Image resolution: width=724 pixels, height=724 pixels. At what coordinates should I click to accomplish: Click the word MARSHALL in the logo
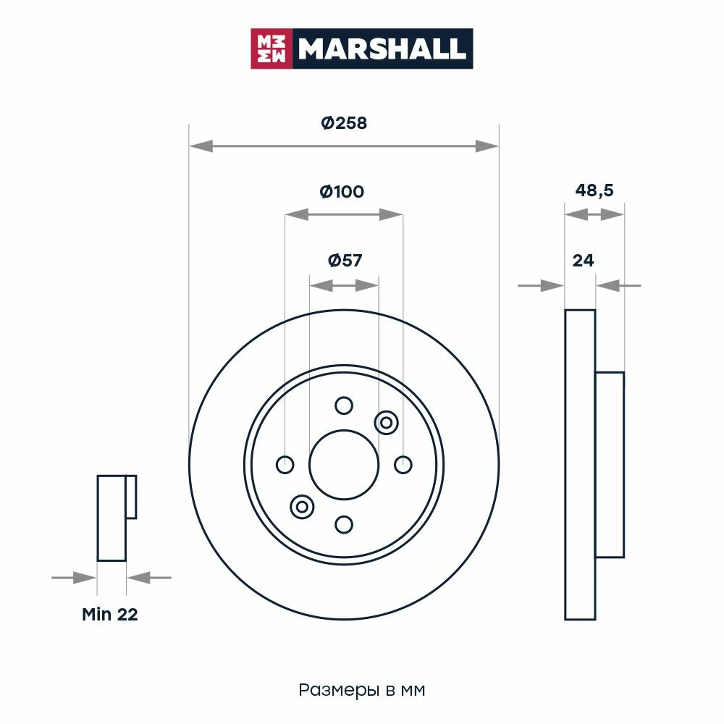pyautogui.click(x=382, y=49)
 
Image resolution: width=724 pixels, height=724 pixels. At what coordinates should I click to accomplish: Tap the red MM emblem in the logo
pyautogui.click(x=271, y=49)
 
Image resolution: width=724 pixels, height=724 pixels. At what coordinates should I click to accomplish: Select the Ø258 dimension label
pyautogui.click(x=344, y=123)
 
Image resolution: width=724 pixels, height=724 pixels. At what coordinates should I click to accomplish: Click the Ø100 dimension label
pyautogui.click(x=342, y=192)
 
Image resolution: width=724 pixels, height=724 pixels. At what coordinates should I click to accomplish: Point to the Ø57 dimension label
pyautogui.click(x=345, y=261)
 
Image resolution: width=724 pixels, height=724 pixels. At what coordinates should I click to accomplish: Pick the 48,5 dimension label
pyautogui.click(x=594, y=190)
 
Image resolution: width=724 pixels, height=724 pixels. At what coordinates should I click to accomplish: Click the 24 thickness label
pyautogui.click(x=583, y=261)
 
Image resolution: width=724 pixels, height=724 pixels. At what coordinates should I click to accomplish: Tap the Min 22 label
pyautogui.click(x=110, y=614)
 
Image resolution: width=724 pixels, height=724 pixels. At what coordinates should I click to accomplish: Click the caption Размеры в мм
pyautogui.click(x=361, y=690)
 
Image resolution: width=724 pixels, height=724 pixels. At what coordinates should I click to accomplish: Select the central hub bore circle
pyautogui.click(x=344, y=430)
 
